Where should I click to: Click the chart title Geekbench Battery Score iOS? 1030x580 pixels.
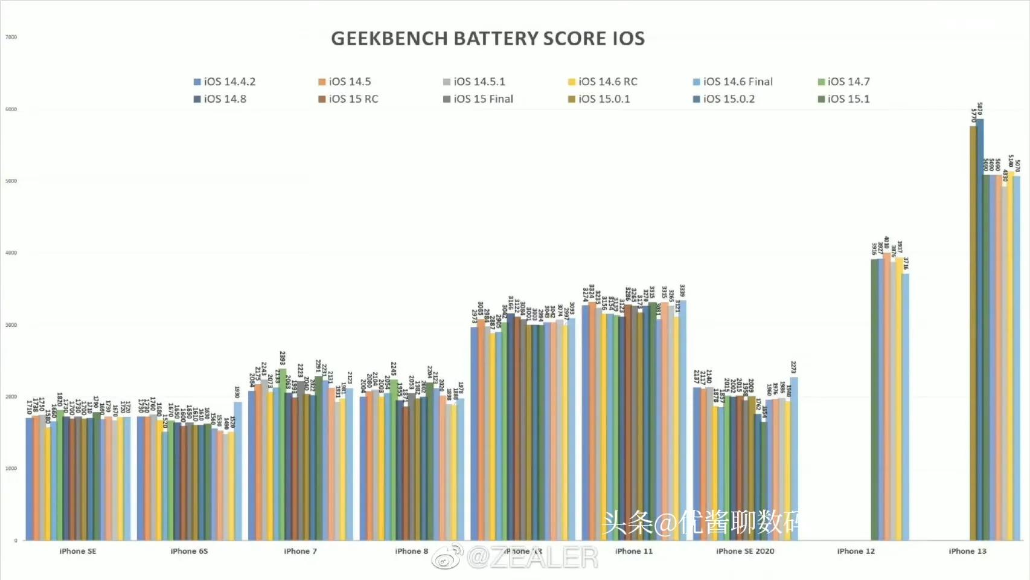pos(488,39)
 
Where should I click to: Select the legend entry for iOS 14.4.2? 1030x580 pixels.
pos(224,82)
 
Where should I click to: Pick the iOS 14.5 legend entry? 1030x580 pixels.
pos(345,82)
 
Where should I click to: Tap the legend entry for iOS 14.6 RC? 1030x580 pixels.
pos(603,82)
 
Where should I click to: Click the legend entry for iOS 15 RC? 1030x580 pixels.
pos(348,99)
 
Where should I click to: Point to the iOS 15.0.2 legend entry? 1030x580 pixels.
pos(723,99)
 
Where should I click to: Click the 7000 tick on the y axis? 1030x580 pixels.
pos(11,37)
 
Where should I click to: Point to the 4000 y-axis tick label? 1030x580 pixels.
pos(11,253)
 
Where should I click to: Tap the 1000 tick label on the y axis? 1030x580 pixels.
pos(11,469)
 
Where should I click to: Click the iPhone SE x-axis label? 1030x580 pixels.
pos(78,551)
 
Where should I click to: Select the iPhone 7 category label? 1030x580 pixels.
pos(300,551)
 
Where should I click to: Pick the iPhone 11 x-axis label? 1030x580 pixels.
pos(633,551)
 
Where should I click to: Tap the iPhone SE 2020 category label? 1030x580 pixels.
pos(745,551)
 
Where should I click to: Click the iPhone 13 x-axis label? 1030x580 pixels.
pos(967,551)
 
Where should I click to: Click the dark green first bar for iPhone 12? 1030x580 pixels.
pos(874,399)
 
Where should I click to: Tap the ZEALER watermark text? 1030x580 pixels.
pos(531,557)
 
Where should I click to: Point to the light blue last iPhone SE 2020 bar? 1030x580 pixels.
pos(794,459)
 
